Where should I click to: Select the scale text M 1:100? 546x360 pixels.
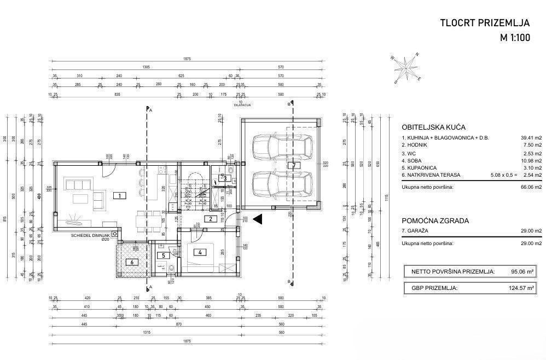click(x=515, y=38)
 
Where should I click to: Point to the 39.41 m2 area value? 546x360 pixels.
click(x=530, y=138)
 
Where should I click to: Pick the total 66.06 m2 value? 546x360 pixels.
click(x=530, y=187)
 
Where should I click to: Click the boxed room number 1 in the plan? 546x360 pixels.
click(x=117, y=195)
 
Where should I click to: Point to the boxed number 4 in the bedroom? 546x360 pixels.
click(x=201, y=252)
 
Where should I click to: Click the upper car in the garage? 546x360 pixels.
click(x=282, y=147)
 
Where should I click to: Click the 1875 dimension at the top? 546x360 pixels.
click(x=187, y=59)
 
